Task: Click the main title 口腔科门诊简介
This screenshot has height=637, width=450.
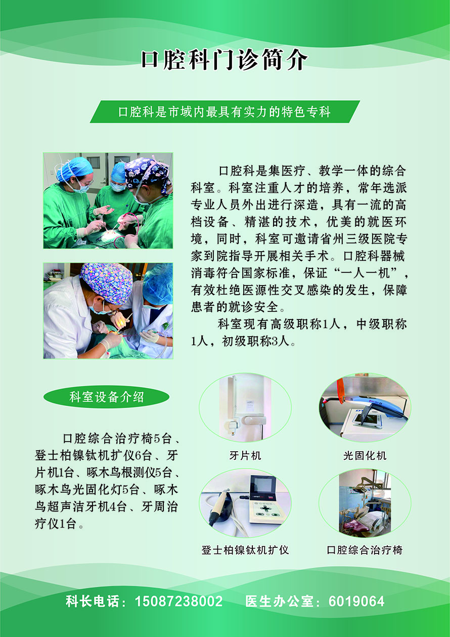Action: click(224, 60)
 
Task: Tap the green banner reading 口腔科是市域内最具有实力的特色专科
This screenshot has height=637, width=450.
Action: click(225, 112)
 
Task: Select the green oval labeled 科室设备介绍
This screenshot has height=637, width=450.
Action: click(107, 397)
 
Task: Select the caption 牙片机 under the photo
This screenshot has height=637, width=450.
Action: click(245, 456)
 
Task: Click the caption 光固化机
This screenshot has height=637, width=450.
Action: click(365, 456)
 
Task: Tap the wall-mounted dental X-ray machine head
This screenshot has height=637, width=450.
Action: click(250, 421)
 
